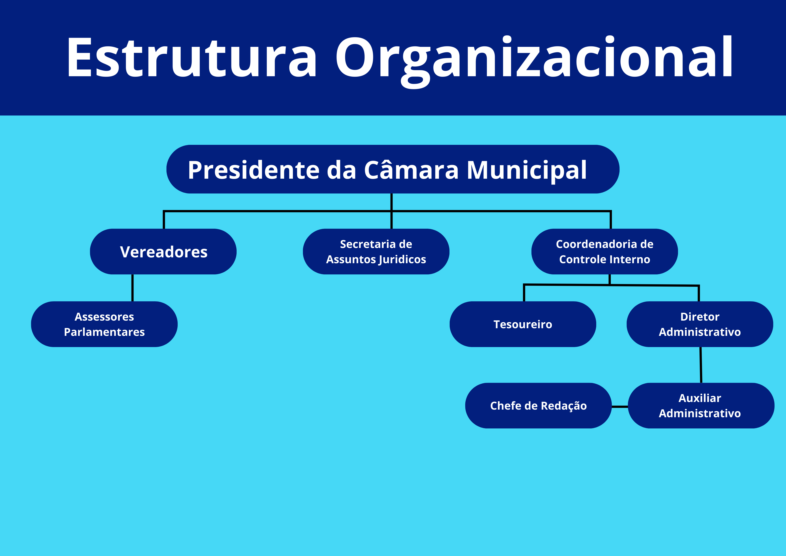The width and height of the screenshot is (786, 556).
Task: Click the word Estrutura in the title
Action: click(x=192, y=58)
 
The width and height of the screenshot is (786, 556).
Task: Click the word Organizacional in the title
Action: click(x=534, y=58)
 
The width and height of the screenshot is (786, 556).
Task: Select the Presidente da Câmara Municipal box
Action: click(x=393, y=169)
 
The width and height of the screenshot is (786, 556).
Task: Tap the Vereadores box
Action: click(x=163, y=252)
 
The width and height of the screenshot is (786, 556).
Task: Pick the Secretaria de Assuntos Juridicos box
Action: click(x=376, y=252)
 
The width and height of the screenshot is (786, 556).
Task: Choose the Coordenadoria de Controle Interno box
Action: click(x=604, y=252)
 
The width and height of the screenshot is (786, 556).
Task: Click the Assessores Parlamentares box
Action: click(x=104, y=324)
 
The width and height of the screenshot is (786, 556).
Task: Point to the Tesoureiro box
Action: click(x=523, y=324)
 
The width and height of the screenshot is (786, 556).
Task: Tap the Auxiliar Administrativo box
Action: click(x=701, y=406)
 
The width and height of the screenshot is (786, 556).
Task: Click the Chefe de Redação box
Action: click(x=538, y=406)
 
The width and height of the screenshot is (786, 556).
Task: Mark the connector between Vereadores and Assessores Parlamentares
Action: click(x=132, y=288)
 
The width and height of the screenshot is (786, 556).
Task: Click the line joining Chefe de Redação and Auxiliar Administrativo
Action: click(x=620, y=407)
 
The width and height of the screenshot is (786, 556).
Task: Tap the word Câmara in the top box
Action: click(x=411, y=170)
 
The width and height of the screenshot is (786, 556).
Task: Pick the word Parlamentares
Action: click(x=104, y=332)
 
